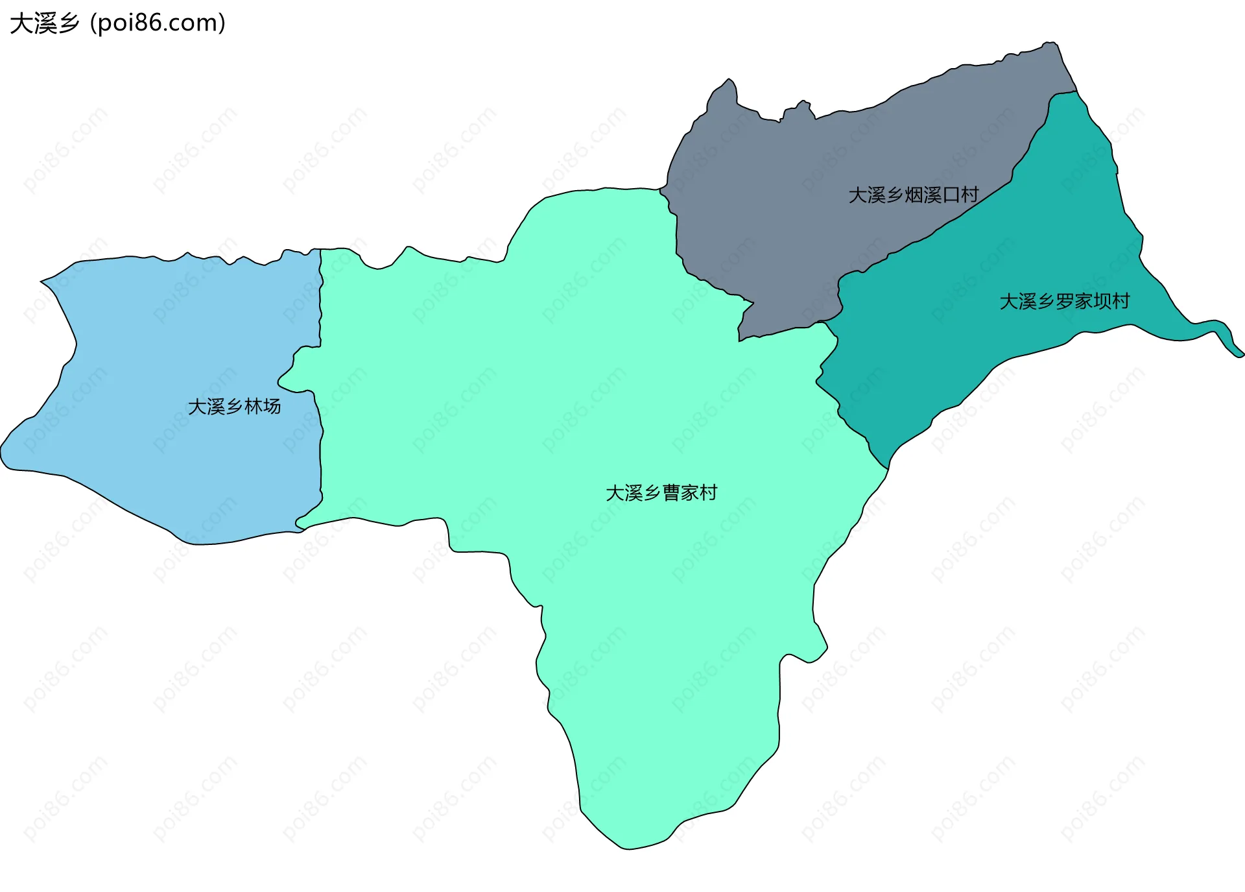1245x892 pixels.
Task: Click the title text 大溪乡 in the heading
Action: point(44,23)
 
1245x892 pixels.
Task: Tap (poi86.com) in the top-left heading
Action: point(158,23)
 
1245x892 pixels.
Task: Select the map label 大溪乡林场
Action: point(234,407)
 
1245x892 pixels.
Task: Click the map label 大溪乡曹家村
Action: point(661,493)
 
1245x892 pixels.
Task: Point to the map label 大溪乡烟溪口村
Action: point(913,195)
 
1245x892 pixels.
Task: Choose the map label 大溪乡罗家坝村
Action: point(1064,301)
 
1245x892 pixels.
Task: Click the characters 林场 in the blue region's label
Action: point(263,407)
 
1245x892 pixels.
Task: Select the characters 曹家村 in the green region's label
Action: point(689,493)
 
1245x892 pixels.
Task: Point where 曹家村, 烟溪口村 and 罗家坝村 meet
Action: point(824,322)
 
